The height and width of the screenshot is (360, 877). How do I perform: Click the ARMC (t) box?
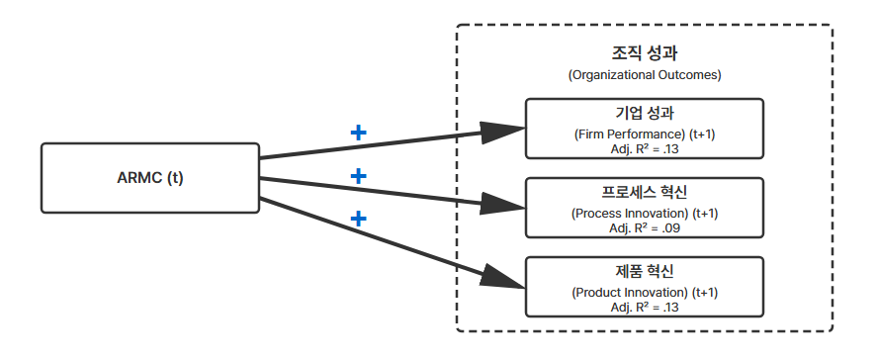150,178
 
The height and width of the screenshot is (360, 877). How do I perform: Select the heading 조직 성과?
645,53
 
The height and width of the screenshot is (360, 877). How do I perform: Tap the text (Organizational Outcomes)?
645,75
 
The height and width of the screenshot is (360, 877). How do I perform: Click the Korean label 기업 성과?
645,113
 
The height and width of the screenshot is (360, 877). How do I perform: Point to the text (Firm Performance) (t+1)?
645,135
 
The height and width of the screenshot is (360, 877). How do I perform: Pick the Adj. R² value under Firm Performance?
645,149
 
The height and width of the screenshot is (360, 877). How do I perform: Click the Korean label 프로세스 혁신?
645,192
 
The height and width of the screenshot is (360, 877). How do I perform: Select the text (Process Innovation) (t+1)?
645,214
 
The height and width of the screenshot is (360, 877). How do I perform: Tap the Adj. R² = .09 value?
645,227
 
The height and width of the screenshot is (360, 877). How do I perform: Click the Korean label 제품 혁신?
645,271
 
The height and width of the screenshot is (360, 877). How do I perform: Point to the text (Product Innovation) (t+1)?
645,293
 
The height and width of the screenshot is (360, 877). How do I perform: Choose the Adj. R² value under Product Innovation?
645,307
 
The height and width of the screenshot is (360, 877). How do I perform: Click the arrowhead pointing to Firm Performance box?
502,132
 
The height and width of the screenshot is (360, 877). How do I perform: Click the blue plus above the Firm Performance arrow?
358,133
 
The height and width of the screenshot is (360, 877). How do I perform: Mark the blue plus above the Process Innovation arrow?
358,176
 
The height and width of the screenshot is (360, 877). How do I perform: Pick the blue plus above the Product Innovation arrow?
358,219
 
